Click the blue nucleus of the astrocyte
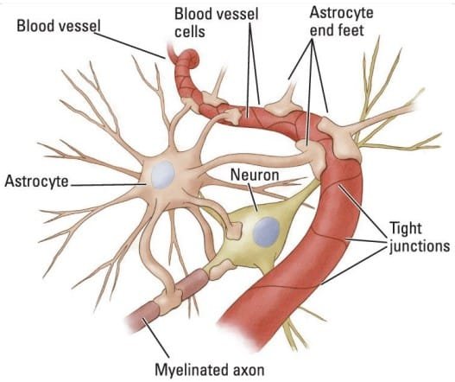pos(163,175)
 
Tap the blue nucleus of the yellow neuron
pos(266,232)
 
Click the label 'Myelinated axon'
pos(210,370)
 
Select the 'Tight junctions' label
pos(419,238)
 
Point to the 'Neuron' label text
pos(255,175)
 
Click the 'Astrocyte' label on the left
pos(36,181)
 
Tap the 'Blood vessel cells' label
pos(216,22)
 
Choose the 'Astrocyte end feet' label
pos(341,22)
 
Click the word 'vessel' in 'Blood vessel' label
pos(79,26)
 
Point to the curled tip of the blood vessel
pos(192,57)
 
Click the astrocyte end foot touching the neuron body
pos(234,231)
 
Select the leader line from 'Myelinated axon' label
pos(155,338)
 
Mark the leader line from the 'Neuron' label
pos(253,197)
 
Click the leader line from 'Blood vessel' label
pos(130,46)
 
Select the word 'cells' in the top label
pos(190,32)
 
